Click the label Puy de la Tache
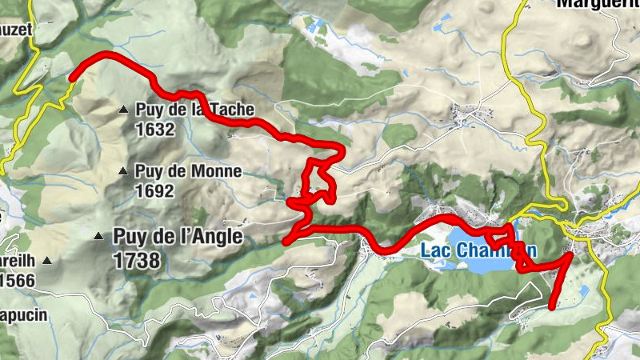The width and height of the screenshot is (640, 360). [195, 110]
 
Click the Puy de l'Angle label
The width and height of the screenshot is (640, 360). [178, 236]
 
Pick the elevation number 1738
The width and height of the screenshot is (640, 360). [137, 260]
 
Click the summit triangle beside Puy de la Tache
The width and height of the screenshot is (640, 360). [123, 110]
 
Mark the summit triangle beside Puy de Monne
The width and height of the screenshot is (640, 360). [122, 170]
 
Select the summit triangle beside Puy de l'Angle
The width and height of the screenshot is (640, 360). [98, 236]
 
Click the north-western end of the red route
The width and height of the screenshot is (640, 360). [72, 78]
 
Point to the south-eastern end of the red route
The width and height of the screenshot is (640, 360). [553, 305]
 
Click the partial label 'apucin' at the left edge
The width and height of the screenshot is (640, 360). [24, 314]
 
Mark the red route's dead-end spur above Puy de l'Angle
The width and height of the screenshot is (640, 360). [286, 241]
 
